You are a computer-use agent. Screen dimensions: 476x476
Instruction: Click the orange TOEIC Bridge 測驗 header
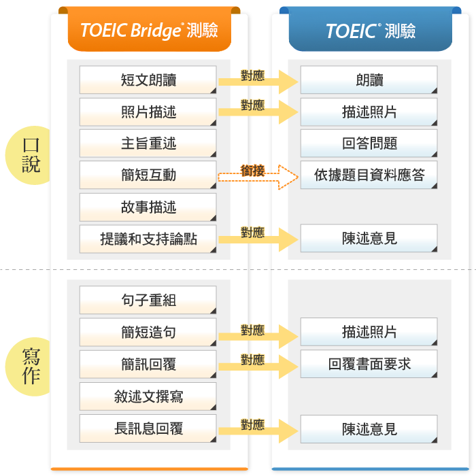[x=149, y=31]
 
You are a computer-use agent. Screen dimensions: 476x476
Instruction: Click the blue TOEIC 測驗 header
[x=370, y=31]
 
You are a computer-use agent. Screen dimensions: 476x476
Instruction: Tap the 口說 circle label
[x=31, y=155]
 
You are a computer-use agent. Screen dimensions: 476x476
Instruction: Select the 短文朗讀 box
[x=148, y=80]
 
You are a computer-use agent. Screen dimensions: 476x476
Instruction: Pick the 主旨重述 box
[x=148, y=143]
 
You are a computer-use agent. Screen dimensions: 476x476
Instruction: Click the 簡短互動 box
[x=148, y=175]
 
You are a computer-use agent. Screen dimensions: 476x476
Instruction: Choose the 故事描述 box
[x=148, y=207]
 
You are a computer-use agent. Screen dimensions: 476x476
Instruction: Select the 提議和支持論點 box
[x=148, y=239]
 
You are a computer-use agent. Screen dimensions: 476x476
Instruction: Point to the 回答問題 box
[x=369, y=143]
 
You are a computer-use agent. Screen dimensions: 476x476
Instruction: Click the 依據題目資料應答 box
[x=369, y=175]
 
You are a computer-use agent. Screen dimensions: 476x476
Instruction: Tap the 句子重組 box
[x=148, y=300]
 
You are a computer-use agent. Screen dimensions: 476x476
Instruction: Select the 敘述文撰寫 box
[x=148, y=396]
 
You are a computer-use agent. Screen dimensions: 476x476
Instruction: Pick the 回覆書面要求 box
[x=369, y=364]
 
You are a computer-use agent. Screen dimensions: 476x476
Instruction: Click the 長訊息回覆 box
[x=148, y=428]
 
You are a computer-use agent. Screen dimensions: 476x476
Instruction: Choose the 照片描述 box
[x=148, y=112]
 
